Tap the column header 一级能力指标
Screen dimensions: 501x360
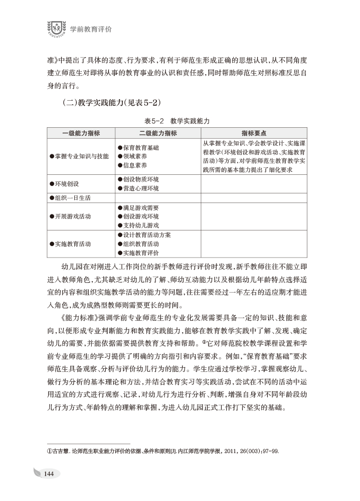81,133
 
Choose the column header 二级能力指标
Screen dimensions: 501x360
157,133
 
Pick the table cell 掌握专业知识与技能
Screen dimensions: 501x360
79,156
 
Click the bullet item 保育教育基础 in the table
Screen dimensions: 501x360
138,148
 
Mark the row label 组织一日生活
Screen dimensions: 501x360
71,198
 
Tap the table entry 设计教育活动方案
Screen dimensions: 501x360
144,235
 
